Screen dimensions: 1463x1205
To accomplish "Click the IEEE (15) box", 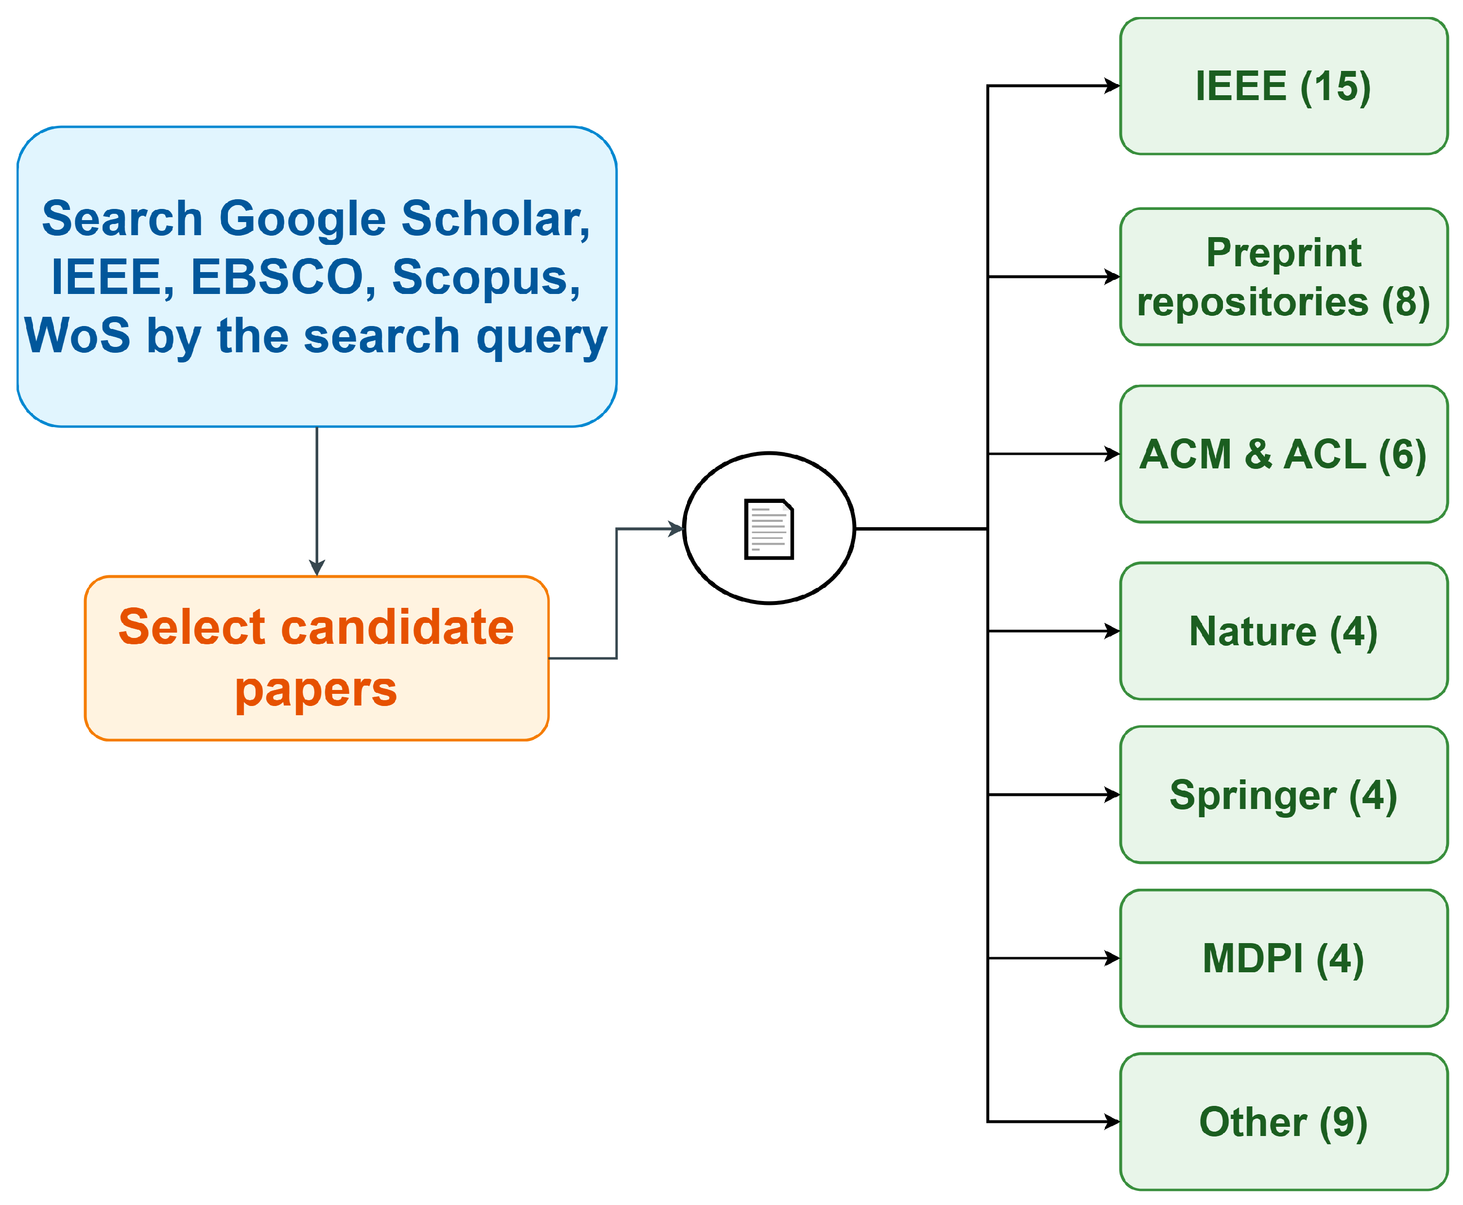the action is [1283, 86].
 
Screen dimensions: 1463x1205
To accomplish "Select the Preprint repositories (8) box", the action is [1283, 276].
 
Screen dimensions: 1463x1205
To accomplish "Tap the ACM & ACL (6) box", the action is [1283, 454].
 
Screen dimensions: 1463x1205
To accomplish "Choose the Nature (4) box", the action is [1283, 631].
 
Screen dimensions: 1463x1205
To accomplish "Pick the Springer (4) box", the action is [1283, 795].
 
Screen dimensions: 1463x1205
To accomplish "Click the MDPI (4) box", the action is [1283, 959].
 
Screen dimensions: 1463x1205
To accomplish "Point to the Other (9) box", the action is [1283, 1122].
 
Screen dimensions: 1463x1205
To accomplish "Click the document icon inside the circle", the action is [768, 529].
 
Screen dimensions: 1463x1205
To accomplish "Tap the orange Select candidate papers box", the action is [316, 658].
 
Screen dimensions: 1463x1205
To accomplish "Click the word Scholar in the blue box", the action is [496, 219].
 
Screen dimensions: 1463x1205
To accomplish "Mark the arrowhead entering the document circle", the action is [676, 529].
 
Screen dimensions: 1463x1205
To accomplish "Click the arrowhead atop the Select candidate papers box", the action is [317, 568].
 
